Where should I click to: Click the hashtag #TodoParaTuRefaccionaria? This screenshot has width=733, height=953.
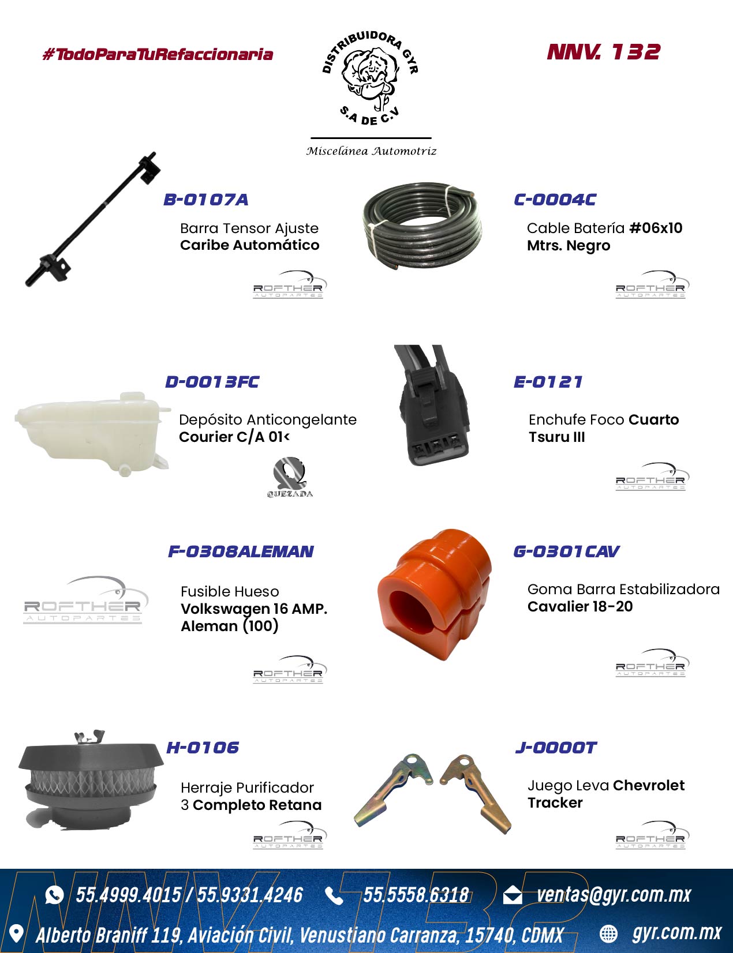click(158, 54)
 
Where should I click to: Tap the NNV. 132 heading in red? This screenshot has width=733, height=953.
click(603, 52)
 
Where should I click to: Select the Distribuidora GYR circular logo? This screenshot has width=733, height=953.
click(371, 78)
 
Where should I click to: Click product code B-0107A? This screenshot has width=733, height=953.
click(205, 200)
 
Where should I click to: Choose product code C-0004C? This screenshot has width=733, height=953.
click(555, 200)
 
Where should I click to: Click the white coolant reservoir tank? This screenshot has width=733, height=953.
click(92, 433)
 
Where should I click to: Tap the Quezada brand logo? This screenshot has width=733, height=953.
click(290, 477)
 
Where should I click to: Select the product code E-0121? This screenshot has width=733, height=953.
click(548, 381)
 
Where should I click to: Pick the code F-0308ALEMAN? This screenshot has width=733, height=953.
click(241, 551)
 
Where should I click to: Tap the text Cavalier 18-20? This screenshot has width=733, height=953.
click(580, 606)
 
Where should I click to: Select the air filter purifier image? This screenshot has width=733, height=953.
click(91, 780)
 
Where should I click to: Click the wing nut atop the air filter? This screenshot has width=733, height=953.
click(90, 737)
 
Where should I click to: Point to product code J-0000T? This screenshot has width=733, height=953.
click(556, 748)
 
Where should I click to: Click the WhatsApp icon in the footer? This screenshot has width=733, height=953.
click(54, 895)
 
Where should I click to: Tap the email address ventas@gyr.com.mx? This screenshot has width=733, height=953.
click(614, 895)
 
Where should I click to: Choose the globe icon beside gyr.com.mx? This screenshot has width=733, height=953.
click(608, 934)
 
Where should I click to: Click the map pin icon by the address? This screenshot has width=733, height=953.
click(16, 934)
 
